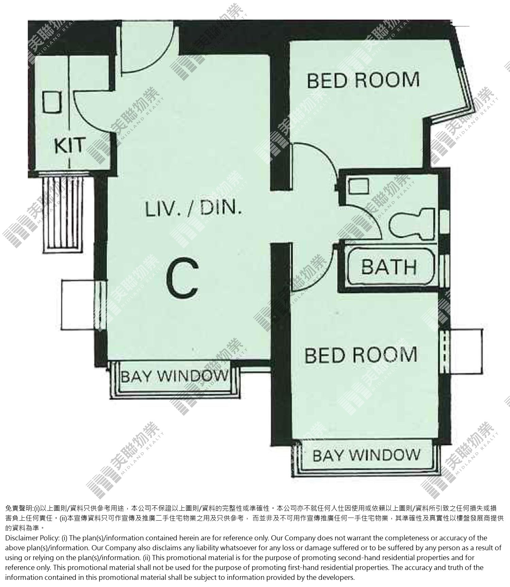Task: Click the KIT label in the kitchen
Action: click(x=69, y=145)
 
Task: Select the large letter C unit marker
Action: click(x=183, y=277)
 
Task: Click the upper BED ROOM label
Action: click(x=363, y=80)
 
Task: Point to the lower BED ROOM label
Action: click(x=361, y=355)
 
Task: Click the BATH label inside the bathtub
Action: click(x=389, y=266)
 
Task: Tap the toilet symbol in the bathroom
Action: click(x=412, y=223)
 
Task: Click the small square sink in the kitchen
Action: click(x=52, y=102)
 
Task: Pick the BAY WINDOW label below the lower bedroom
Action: click(x=366, y=455)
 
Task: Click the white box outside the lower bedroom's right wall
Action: click(x=464, y=352)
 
